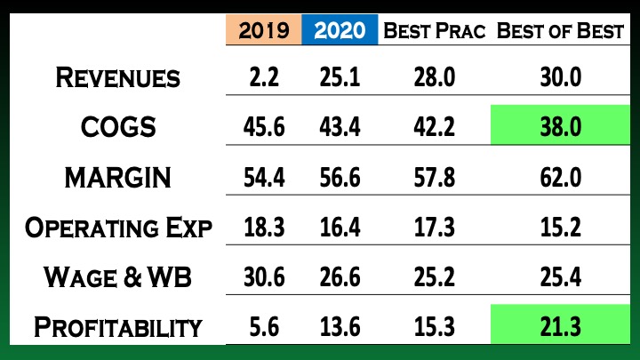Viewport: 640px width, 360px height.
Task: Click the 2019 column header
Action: pyautogui.click(x=264, y=30)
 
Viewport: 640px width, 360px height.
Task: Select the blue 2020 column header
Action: pyautogui.click(x=340, y=30)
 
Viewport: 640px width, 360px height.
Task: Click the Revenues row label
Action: pyautogui.click(x=117, y=77)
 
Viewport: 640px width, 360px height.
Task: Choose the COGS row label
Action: pyautogui.click(x=117, y=127)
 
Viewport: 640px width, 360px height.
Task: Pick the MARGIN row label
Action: pyautogui.click(x=117, y=177)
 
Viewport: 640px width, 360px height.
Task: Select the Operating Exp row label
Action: pyautogui.click(x=117, y=227)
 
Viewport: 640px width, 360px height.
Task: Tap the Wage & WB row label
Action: pyautogui.click(x=117, y=276)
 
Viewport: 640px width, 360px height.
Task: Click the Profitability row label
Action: pyautogui.click(x=117, y=326)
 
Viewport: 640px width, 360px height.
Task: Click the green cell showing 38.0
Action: pyautogui.click(x=560, y=127)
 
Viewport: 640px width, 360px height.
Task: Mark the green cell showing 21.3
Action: pyautogui.click(x=560, y=326)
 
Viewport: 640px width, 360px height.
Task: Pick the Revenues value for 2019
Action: pyautogui.click(x=264, y=77)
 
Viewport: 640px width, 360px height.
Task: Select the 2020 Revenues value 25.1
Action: pyautogui.click(x=340, y=77)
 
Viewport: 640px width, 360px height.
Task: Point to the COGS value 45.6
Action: pyautogui.click(x=264, y=127)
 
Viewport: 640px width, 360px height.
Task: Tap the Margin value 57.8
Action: pyautogui.click(x=436, y=177)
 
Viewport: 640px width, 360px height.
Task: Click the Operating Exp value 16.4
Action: pyautogui.click(x=340, y=227)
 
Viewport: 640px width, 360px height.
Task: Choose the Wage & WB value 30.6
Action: pyautogui.click(x=264, y=276)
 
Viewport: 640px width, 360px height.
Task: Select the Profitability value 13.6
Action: pyautogui.click(x=340, y=326)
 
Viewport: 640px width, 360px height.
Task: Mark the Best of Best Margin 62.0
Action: pyautogui.click(x=560, y=177)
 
